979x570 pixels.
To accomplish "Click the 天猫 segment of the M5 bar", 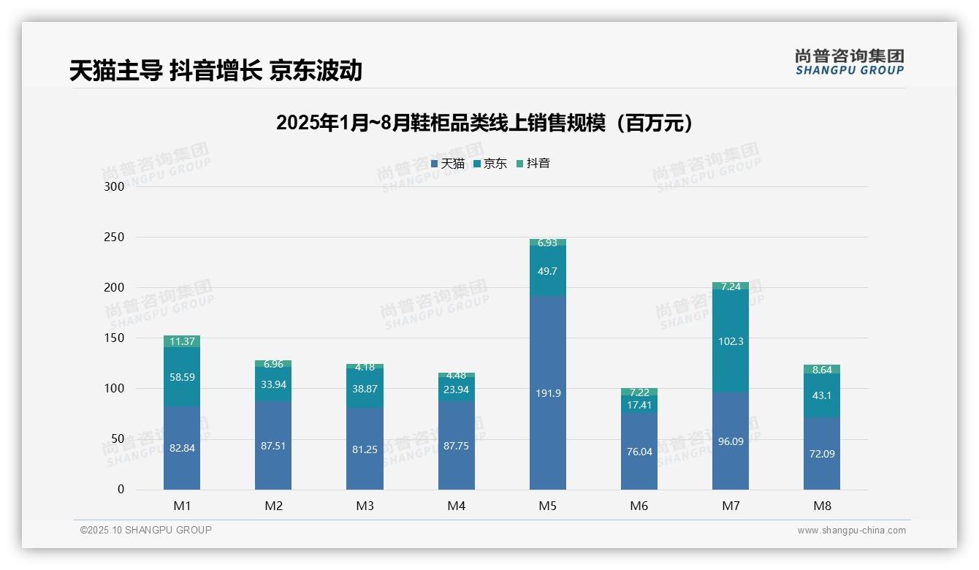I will coord(547,393).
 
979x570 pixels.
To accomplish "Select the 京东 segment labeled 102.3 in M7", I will coord(730,341).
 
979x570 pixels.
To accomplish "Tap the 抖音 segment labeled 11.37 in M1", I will coord(182,341).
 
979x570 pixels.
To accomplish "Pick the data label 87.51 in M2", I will coord(273,446).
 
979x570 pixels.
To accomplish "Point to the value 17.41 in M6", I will coord(639,405).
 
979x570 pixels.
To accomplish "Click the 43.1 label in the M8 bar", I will coord(822,395).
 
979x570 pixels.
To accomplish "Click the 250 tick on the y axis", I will coord(115,237).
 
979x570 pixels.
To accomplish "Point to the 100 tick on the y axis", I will coord(115,389).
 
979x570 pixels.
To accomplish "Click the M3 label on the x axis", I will coord(365,506).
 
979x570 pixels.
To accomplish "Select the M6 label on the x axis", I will coord(639,506).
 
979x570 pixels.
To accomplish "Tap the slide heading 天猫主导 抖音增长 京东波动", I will coord(216,70).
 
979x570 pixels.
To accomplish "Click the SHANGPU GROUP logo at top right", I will coord(849,62).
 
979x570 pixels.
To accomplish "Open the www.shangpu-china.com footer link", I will coord(851,531).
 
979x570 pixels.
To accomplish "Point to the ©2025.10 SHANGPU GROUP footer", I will coord(146,530).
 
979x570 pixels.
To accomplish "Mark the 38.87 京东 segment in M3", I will coord(365,389).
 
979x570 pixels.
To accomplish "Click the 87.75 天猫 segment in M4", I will coord(456,446).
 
